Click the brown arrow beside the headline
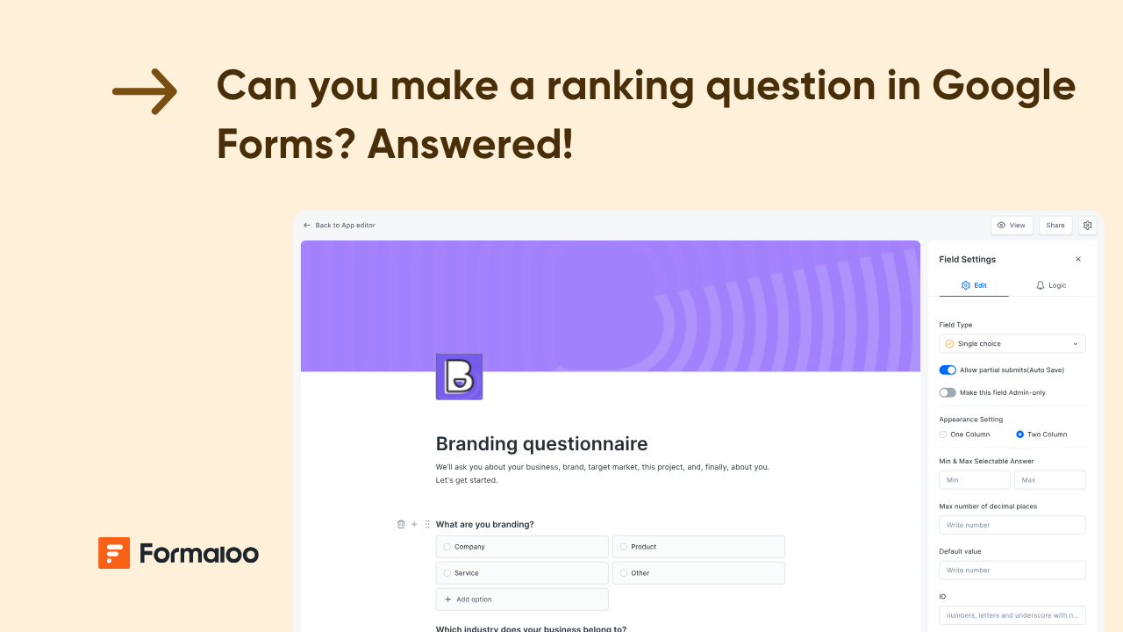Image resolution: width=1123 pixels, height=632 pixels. (x=145, y=91)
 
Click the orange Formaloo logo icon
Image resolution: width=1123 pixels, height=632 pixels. (x=114, y=553)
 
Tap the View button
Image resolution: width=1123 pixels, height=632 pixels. (x=1012, y=226)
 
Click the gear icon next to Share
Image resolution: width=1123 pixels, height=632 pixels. (x=1088, y=226)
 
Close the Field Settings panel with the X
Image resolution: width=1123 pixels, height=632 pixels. (x=1078, y=260)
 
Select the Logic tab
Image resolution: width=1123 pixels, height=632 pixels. (x=1051, y=285)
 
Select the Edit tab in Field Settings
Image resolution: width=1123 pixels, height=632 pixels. (x=974, y=285)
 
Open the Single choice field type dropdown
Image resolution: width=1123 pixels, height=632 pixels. (x=1012, y=344)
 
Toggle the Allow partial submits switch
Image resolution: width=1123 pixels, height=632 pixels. (x=948, y=370)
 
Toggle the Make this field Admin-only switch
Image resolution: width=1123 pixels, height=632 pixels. (x=948, y=392)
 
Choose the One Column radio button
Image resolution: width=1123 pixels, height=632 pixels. (x=943, y=434)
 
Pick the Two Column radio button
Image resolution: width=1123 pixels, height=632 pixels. (x=1019, y=434)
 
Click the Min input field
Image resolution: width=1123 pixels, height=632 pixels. (x=974, y=480)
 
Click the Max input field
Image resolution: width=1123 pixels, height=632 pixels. (x=1049, y=480)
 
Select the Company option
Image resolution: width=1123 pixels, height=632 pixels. (x=522, y=547)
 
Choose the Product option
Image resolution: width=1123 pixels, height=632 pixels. (x=698, y=547)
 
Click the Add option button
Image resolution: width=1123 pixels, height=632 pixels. (x=522, y=600)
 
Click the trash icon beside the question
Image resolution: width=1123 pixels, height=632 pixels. (x=401, y=524)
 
